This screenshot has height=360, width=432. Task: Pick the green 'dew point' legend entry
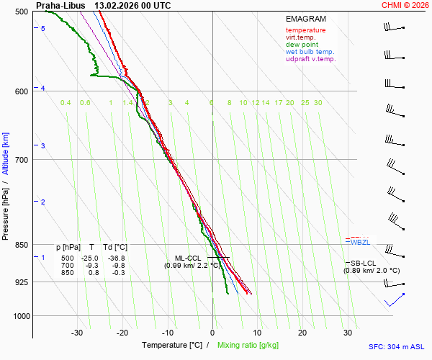click(302, 45)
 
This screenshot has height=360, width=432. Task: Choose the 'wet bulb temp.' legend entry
click(310, 52)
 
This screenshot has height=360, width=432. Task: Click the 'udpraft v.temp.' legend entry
click(310, 59)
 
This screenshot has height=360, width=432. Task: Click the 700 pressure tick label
click(21, 159)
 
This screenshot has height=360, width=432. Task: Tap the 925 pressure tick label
click(21, 282)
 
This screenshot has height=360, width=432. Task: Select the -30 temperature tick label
click(77, 333)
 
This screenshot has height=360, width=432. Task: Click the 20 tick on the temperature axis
click(302, 333)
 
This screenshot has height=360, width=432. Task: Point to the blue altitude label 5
click(43, 28)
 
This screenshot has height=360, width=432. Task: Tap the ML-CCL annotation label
click(188, 258)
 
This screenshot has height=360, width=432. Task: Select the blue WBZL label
click(360, 242)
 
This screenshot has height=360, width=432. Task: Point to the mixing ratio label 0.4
click(66, 103)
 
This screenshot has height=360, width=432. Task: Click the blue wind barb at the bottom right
click(395, 300)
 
